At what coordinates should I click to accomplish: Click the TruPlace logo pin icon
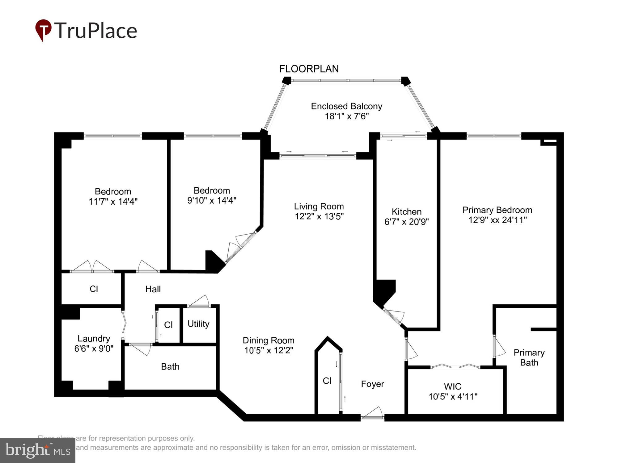[x=43, y=30]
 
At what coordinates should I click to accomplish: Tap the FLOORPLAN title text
[x=309, y=69]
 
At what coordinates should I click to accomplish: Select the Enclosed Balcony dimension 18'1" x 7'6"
[x=346, y=116]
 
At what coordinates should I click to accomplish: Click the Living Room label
[x=319, y=206]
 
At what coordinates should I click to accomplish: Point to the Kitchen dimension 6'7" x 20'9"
[x=406, y=222]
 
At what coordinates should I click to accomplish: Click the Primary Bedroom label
[x=497, y=210]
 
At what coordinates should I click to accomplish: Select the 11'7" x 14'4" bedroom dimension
[x=113, y=202]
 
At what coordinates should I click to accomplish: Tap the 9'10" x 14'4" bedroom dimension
[x=212, y=200]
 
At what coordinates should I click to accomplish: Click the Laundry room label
[x=94, y=339]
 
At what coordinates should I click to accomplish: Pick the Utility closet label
[x=198, y=324]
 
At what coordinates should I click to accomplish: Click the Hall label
[x=153, y=289]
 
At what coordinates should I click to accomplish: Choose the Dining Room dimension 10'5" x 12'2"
[x=268, y=350]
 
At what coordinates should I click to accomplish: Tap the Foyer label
[x=372, y=384]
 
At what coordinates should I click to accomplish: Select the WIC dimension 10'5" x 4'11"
[x=453, y=397]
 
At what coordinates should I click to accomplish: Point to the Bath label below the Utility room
[x=170, y=367]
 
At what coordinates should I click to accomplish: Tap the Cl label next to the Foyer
[x=327, y=381]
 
